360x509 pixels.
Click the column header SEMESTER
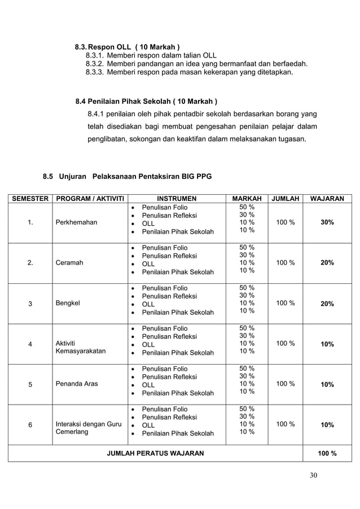coord(29,199)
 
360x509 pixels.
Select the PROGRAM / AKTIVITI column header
coord(89,199)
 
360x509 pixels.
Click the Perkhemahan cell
coord(76,222)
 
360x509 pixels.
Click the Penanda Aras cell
coord(77,384)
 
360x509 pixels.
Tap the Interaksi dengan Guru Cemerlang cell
coord(88,428)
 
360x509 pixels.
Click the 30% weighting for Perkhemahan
coord(327,222)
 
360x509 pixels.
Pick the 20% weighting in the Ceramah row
coord(327,263)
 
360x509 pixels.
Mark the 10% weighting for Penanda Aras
coord(327,384)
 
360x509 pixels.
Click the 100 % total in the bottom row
coord(327,453)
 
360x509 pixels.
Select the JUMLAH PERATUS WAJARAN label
coord(156,453)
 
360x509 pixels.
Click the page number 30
coord(313,475)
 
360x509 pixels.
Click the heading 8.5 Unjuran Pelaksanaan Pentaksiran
coord(128,177)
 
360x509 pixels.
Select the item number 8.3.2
coord(95,64)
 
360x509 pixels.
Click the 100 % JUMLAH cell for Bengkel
coord(284,303)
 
